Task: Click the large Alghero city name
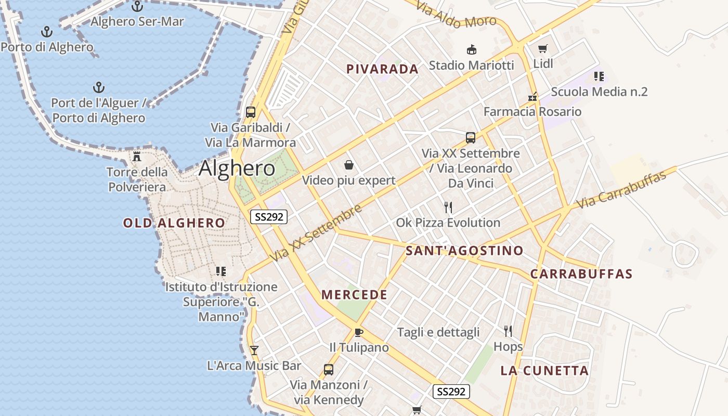pos(237,168)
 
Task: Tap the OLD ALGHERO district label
pos(174,223)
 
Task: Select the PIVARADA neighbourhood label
pos(382,69)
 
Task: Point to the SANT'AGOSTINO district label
pos(464,251)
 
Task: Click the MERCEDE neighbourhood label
pos(354,295)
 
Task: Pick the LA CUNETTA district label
pos(544,371)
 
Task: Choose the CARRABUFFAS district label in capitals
pos(581,274)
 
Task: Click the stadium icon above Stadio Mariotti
pos(471,50)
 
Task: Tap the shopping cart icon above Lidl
pos(543,49)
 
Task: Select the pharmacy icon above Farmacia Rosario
pos(532,97)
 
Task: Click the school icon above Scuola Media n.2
pos(599,76)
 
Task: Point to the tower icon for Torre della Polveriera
pos(137,156)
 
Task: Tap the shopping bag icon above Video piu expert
pos(349,165)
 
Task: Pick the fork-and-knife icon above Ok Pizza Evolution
pos(448,207)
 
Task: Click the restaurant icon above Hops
pos(508,331)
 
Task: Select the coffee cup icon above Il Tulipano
pos(358,332)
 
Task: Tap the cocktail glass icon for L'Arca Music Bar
pos(254,350)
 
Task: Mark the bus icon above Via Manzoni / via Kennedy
pos(328,370)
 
